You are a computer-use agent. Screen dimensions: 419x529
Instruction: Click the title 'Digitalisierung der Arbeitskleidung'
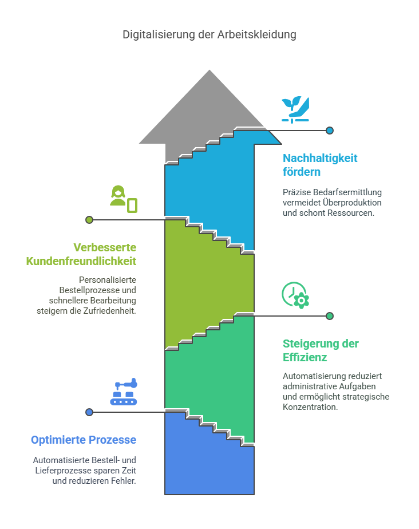coord(209,35)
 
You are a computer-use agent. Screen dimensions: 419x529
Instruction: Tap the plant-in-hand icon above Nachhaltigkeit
coord(295,110)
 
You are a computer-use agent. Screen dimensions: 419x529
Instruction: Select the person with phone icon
coord(124,199)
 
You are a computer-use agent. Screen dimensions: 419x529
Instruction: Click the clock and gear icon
coord(295,295)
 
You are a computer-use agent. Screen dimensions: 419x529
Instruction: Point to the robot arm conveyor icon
coord(124,392)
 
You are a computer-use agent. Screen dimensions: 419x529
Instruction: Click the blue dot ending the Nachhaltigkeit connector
coord(330,130)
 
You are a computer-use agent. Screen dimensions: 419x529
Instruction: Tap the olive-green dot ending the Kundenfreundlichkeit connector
coord(89,220)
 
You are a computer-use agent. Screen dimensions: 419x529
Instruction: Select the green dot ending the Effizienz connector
coord(330,316)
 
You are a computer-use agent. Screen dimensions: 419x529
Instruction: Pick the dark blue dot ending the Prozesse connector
coord(89,412)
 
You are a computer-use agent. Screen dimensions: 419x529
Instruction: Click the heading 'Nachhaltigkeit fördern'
coord(320,165)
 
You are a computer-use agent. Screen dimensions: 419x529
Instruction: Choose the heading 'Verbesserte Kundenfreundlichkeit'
coord(81,254)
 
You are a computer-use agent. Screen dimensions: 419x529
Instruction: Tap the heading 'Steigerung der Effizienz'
coord(321,350)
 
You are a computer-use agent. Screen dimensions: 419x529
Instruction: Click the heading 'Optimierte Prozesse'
coord(84,440)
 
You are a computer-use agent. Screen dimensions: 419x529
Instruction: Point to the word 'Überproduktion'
coord(352,203)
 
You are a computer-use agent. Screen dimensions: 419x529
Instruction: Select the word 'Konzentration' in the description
coord(310,407)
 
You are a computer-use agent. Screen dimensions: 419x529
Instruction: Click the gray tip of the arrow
coord(209,70)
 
